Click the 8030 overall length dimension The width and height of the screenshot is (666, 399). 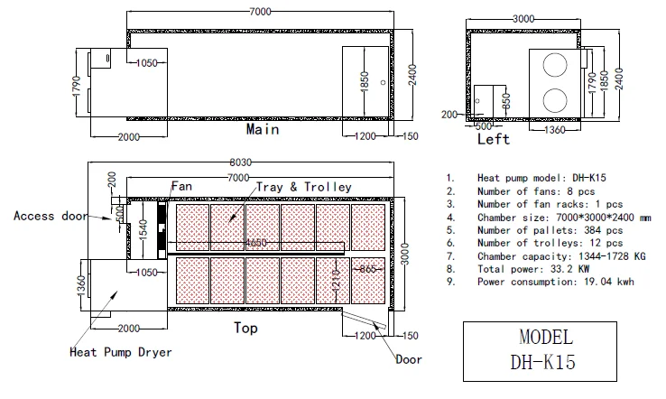point(240,162)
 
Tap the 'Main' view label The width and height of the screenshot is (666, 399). point(263,129)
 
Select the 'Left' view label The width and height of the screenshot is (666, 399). point(493,139)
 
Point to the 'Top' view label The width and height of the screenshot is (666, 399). point(245,328)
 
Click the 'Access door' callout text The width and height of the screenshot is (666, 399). point(51,216)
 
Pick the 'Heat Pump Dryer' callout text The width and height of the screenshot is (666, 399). point(121,352)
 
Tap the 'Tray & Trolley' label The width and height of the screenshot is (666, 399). point(304,187)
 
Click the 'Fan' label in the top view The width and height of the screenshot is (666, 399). point(181,186)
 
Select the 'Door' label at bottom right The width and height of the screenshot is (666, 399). point(409,359)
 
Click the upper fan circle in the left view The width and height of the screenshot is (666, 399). point(555,65)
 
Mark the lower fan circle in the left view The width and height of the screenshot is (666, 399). point(555,100)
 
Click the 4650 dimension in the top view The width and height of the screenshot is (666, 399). point(256,243)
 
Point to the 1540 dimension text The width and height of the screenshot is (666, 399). point(143,229)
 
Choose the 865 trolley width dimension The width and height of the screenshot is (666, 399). point(368,269)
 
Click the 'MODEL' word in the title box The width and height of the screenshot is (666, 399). point(546,338)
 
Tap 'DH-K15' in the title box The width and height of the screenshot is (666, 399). point(543,363)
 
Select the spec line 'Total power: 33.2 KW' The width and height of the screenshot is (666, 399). point(533,269)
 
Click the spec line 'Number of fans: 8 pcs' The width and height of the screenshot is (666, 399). point(536,191)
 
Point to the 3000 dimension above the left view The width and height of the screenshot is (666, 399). point(523,19)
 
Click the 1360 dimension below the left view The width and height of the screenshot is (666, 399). point(555,130)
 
